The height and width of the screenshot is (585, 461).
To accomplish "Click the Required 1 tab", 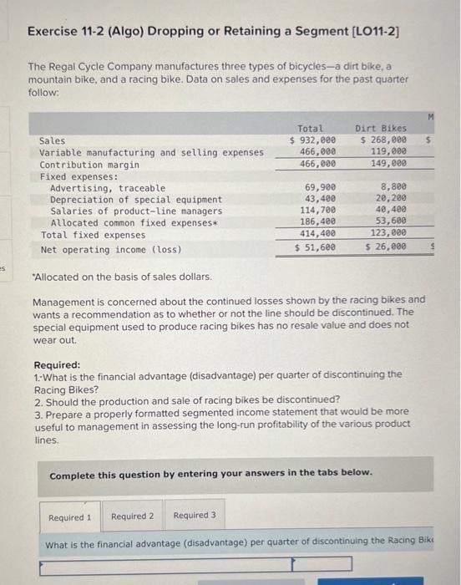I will click(x=70, y=516).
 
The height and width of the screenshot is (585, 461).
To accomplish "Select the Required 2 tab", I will click(x=133, y=516).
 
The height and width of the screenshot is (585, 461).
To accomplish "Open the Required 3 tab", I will click(x=195, y=516).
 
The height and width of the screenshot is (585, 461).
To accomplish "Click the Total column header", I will click(x=311, y=129).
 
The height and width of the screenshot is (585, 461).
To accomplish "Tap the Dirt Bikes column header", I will click(x=381, y=129).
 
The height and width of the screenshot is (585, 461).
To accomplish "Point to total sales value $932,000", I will click(x=313, y=140).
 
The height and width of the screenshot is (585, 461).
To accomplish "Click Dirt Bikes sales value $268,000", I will click(x=384, y=140).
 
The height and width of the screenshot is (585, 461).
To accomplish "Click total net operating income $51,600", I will click(x=316, y=247).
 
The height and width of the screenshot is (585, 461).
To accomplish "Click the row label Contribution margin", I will click(x=89, y=165).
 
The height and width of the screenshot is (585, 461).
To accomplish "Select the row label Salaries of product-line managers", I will click(x=136, y=211).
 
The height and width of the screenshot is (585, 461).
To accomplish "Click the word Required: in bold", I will click(x=57, y=365).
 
